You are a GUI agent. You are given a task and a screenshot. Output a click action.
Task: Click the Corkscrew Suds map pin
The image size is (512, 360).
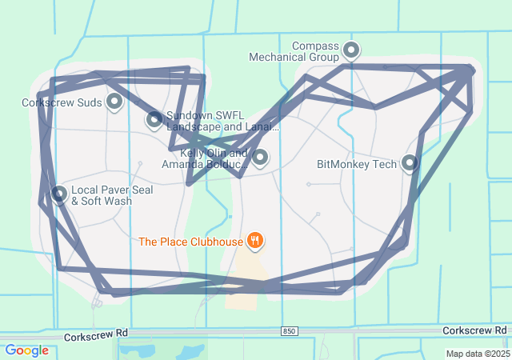tap(114, 101)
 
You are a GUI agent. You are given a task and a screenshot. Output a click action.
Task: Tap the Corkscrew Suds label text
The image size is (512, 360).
tap(62, 102)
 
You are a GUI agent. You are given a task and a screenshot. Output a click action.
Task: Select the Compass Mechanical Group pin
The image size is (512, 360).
tap(351, 51)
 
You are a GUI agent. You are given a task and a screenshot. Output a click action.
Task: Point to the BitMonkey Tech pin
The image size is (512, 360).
tap(410, 163)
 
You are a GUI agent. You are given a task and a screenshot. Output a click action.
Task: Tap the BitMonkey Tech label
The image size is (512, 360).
tap(357, 165)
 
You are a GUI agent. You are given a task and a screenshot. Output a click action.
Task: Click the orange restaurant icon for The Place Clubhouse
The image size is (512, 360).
tap(255, 240)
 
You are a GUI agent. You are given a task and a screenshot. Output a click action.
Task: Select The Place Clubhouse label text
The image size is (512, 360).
tap(191, 241)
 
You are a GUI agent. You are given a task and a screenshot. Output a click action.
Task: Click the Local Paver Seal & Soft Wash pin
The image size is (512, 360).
tap(59, 194)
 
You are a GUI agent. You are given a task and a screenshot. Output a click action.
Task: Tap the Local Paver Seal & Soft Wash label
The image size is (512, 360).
tap(102, 195)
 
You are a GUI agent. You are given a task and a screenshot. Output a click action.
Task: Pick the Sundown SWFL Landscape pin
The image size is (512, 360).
tap(154, 120)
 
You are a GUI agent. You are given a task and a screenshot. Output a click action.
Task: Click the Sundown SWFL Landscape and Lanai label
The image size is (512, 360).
tap(222, 121)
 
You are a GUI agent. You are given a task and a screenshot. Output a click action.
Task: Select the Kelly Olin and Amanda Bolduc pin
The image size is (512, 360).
tap(259, 157)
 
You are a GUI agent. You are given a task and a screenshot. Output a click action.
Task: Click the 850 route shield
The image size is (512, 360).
tap(290, 330)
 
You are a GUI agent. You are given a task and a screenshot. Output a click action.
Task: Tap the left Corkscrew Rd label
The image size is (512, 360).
tap(97, 331)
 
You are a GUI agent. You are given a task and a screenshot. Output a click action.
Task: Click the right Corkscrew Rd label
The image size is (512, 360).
tap(474, 330)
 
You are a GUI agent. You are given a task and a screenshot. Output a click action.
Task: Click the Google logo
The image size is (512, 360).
tap(26, 350)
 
